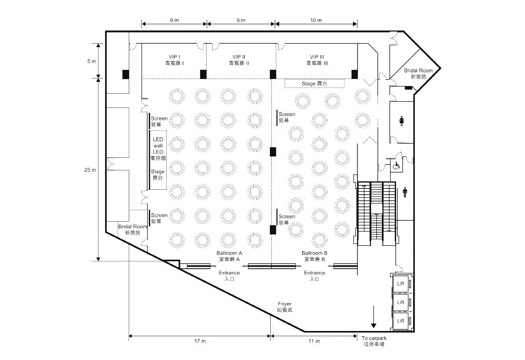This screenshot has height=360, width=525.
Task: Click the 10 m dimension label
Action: (316, 20)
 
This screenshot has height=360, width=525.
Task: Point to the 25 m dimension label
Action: (90, 170)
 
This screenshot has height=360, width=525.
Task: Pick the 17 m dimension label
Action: (200, 341)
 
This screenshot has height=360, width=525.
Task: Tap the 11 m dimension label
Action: (314, 341)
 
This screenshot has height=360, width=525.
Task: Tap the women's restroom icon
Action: (401, 121)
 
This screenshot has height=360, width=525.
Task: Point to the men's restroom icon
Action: (405, 193)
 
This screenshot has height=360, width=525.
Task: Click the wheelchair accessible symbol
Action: (397, 165)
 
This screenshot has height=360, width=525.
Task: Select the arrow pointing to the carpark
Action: (373, 317)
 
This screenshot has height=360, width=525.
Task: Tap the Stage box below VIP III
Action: (315, 84)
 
